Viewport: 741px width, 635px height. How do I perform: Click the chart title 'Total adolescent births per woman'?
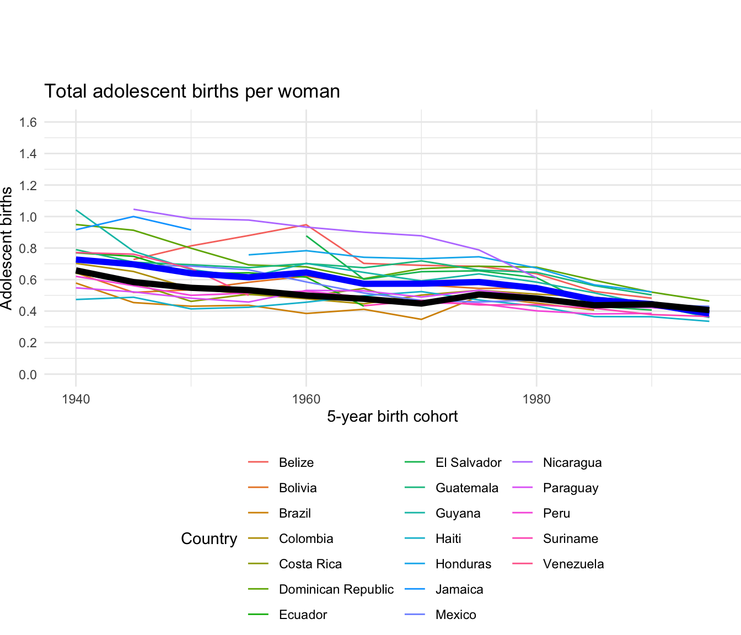tap(192, 91)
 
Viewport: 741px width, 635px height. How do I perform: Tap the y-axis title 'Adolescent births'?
tap(7, 248)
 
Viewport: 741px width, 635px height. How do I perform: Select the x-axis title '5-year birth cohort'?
tap(392, 416)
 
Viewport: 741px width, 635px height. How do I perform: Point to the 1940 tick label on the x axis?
tap(76, 399)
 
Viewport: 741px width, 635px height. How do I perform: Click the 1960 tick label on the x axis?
tap(306, 399)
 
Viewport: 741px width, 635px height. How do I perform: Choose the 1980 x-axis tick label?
tap(536, 399)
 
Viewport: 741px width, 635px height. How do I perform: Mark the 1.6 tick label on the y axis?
tap(28, 122)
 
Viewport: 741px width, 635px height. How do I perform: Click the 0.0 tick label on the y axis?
tap(28, 375)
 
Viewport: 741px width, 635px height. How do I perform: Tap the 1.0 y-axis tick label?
tap(28, 217)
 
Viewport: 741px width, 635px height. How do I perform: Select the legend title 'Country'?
tap(209, 539)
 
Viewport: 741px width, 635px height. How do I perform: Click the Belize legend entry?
tap(296, 463)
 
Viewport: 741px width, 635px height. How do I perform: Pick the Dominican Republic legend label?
tap(336, 590)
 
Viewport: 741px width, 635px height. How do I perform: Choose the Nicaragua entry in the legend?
tap(572, 463)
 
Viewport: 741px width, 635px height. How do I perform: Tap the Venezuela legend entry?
tap(573, 564)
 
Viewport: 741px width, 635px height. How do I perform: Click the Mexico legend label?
tap(455, 615)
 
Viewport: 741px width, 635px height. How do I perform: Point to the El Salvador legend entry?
tap(468, 463)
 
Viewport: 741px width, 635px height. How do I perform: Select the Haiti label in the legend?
tap(448, 539)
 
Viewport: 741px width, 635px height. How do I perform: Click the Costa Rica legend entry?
tap(310, 564)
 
